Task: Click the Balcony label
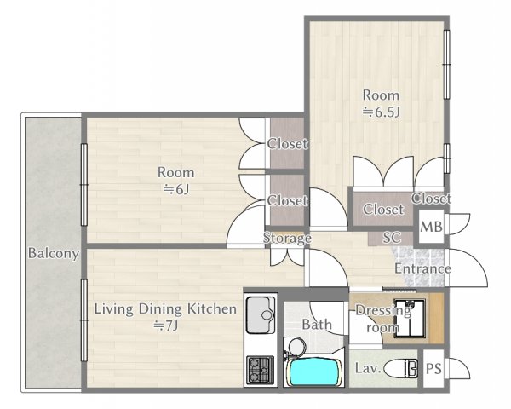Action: [53, 253]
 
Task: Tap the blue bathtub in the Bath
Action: [312, 372]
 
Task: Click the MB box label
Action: [432, 228]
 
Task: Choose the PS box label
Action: [433, 369]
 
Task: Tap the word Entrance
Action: [422, 269]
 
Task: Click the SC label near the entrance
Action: [392, 238]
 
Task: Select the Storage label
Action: [286, 238]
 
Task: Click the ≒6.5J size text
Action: [380, 111]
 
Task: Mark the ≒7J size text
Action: [164, 325]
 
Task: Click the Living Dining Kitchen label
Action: [164, 308]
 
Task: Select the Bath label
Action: [316, 325]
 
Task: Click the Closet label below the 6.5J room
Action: [383, 209]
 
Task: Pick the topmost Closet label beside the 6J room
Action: [287, 144]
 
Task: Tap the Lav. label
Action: [368, 369]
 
